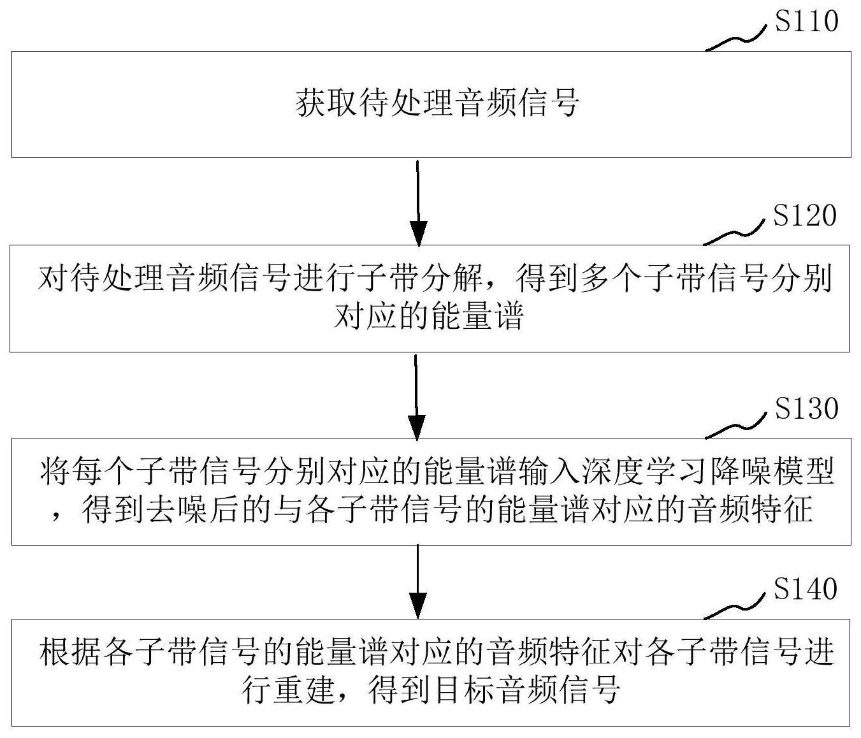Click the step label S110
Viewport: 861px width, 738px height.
pos(806,21)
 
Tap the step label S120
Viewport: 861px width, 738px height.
pos(805,215)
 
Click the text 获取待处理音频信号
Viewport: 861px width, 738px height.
pos(437,103)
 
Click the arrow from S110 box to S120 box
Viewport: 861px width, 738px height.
pos(418,203)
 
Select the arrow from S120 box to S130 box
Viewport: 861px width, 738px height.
pos(417,397)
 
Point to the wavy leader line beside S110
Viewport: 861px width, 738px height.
pos(735,40)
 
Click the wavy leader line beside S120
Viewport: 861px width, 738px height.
pos(734,234)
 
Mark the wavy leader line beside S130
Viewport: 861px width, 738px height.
pos(735,427)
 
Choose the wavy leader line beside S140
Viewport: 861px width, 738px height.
pos(734,607)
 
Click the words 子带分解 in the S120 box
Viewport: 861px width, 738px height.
pos(420,279)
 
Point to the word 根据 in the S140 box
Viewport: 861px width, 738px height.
pos(71,651)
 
